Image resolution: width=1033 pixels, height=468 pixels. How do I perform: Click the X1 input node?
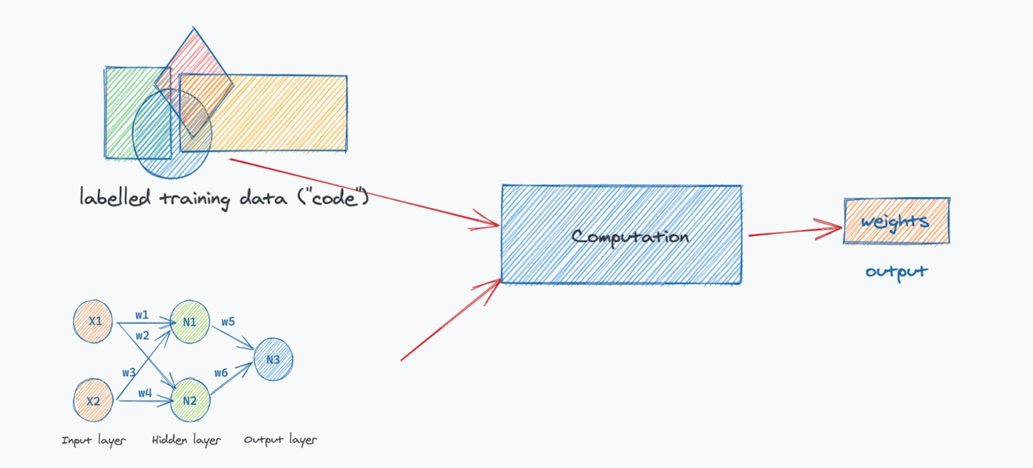pos(93,321)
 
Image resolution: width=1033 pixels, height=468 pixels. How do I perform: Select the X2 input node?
pos(93,401)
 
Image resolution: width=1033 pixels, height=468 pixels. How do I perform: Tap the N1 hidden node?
pos(190,322)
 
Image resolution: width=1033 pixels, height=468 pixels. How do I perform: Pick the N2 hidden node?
pos(190,401)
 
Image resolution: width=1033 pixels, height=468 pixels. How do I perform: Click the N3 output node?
pos(273,360)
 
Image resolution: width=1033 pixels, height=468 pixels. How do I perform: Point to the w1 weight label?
pos(142,315)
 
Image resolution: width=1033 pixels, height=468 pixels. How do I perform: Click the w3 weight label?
pos(129,373)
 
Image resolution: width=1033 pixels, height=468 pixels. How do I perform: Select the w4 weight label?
pos(145,393)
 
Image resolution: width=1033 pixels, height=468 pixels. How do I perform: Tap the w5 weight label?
pos(228,322)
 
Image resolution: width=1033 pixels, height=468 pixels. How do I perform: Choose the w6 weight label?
pos(221,373)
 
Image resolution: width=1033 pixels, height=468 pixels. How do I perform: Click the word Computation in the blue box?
pos(630,237)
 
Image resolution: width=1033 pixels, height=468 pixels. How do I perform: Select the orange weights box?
pos(897,221)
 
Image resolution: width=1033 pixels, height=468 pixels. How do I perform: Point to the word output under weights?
pos(896,272)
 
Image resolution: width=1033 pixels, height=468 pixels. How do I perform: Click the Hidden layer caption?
pos(186,440)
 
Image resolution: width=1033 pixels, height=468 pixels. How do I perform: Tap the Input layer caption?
pos(94,441)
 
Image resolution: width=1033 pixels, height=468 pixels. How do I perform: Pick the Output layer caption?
pos(280,440)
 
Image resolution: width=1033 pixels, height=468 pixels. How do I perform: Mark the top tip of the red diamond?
pos(194,28)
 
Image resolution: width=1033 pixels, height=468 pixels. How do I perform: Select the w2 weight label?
pos(142,336)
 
